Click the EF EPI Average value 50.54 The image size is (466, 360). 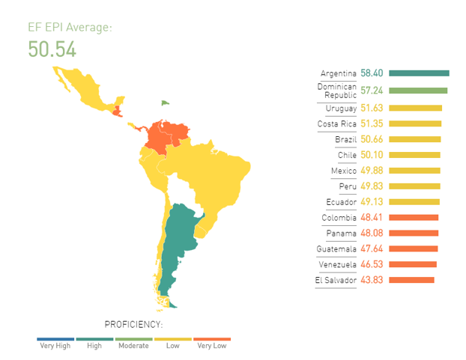[x=52, y=49]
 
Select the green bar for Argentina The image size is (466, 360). [x=419, y=73]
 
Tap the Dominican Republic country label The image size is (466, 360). [x=337, y=91]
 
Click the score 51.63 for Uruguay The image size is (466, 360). [x=372, y=109]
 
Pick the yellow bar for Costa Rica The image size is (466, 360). [x=415, y=123]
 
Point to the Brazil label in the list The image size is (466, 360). [x=345, y=139]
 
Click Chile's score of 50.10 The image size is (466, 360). [x=372, y=155]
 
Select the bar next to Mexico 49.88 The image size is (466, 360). [x=414, y=171]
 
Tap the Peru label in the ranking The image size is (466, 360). [x=347, y=186]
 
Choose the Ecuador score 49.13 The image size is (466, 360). [x=372, y=202]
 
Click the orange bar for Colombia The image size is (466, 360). [x=414, y=218]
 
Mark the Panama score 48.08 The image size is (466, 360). [x=372, y=233]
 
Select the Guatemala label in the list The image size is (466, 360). [x=337, y=248]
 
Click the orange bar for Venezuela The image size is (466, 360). [x=413, y=264]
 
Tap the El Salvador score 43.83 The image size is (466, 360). [x=372, y=280]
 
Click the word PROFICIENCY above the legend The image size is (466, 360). [x=133, y=324]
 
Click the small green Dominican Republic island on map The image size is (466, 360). [x=166, y=103]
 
